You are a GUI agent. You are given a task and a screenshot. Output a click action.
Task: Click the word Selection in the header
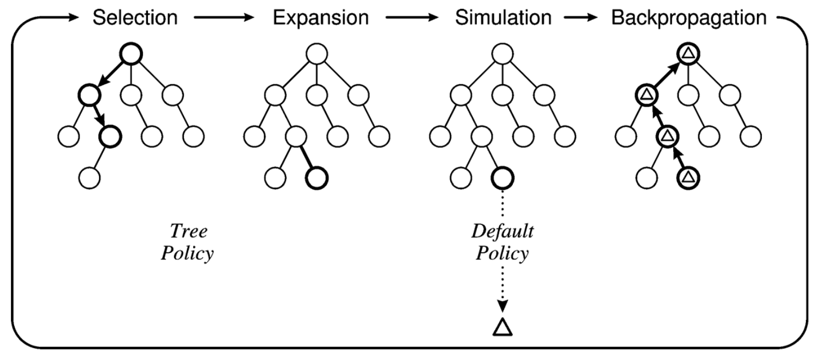tap(135, 18)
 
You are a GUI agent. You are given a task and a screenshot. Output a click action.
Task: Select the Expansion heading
tap(321, 18)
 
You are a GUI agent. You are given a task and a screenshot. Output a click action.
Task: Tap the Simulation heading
tap(503, 18)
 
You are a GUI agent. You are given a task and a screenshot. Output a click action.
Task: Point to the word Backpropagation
tap(689, 18)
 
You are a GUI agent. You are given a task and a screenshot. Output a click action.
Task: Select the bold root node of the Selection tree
tap(131, 54)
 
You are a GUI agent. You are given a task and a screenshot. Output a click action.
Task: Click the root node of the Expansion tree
tap(317, 54)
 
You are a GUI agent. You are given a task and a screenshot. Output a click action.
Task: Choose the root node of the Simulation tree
tap(502, 54)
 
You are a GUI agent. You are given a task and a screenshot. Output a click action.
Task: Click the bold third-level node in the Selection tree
tap(109, 136)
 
